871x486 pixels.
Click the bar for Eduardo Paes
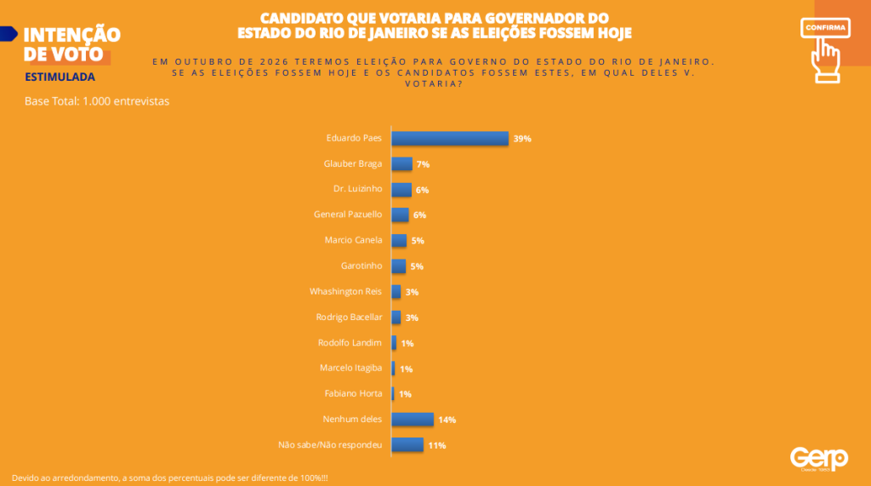pyautogui.click(x=449, y=138)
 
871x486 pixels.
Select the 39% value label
pyautogui.click(x=522, y=139)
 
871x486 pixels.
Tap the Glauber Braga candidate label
pyautogui.click(x=353, y=163)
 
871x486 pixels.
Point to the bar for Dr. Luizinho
pyautogui.click(x=401, y=189)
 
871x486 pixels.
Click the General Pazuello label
pyautogui.click(x=348, y=214)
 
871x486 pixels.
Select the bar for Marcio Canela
pyautogui.click(x=399, y=240)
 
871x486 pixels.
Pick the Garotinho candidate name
pyautogui.click(x=361, y=266)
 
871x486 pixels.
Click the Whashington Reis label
pyautogui.click(x=345, y=291)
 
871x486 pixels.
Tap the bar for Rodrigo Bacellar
pyautogui.click(x=396, y=317)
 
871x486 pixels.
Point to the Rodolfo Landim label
pyautogui.click(x=350, y=342)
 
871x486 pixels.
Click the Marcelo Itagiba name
pyautogui.click(x=350, y=368)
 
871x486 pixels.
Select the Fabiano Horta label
pyautogui.click(x=353, y=393)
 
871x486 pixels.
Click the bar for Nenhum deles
pyautogui.click(x=413, y=419)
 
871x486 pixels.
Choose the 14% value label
pyautogui.click(x=447, y=420)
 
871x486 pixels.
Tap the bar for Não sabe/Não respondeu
pyautogui.click(x=407, y=444)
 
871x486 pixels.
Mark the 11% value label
pyautogui.click(x=437, y=445)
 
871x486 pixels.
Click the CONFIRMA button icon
pyautogui.click(x=825, y=48)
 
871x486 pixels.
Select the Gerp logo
pyautogui.click(x=818, y=459)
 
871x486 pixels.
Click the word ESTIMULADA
pyautogui.click(x=60, y=77)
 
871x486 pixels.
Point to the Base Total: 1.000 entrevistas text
pyautogui.click(x=97, y=101)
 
